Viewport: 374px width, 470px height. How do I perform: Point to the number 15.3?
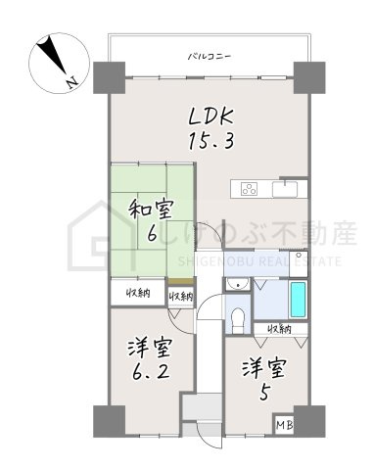coord(210,142)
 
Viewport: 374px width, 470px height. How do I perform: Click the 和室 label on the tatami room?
coord(151,208)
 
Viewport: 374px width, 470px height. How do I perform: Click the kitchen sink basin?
coord(288,187)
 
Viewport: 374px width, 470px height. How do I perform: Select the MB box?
coord(283,424)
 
